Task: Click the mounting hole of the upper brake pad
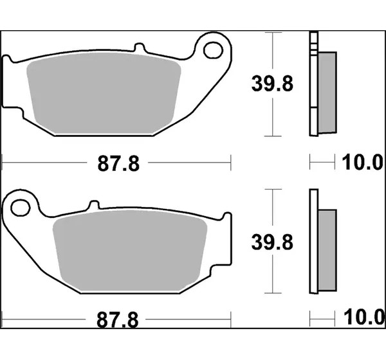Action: (213, 50)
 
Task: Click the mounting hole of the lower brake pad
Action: (21, 208)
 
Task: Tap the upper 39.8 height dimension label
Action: (272, 84)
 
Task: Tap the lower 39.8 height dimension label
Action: (272, 242)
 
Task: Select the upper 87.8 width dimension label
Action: (118, 163)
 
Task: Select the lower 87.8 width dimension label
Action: (118, 320)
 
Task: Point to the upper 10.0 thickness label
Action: (362, 162)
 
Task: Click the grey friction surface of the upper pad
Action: (104, 93)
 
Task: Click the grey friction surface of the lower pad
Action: (130, 251)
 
